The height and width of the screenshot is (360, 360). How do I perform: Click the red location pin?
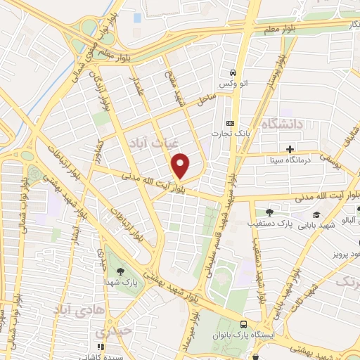181,166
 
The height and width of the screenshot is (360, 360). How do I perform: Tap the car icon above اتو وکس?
232,72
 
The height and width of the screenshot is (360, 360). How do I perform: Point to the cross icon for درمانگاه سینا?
289,149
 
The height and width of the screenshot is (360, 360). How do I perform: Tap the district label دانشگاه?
281,124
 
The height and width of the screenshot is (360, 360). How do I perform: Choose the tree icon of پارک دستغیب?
269,212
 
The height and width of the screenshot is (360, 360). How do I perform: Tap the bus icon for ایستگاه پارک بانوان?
244,325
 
